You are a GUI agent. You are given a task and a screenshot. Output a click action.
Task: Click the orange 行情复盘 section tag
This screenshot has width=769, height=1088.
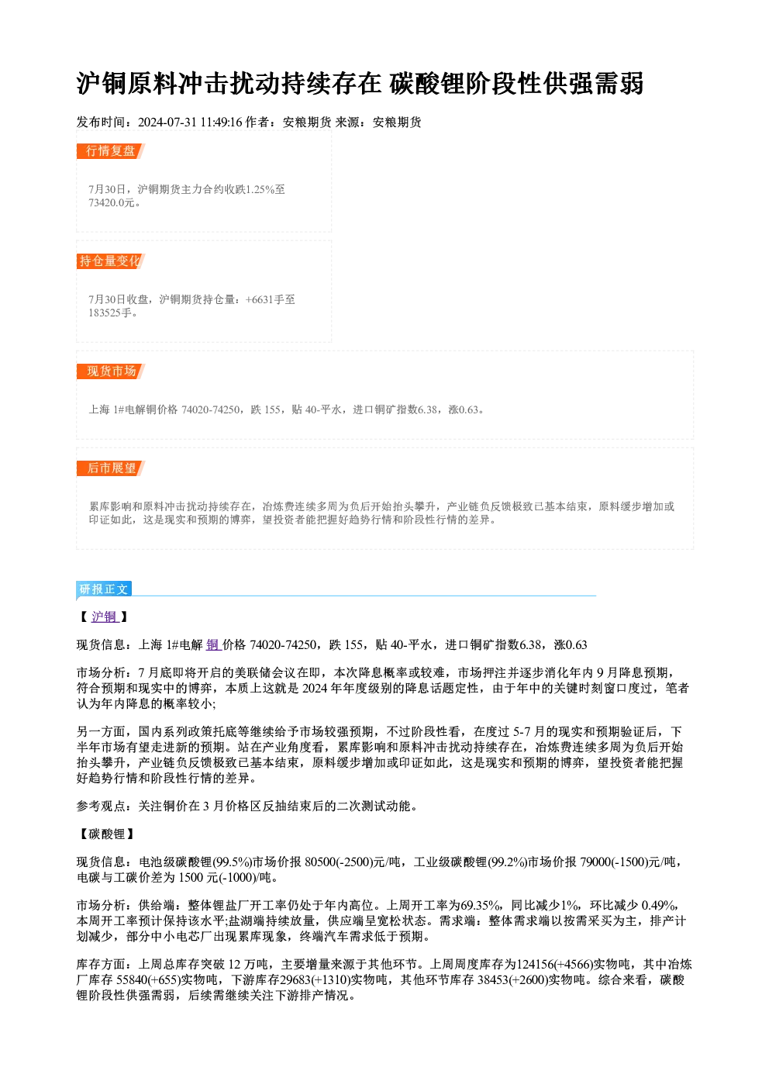coord(111,151)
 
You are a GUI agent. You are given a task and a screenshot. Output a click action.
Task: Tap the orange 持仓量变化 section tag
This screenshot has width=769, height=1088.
coord(111,261)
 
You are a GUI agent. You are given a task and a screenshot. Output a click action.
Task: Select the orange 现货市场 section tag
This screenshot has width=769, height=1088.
coord(111,371)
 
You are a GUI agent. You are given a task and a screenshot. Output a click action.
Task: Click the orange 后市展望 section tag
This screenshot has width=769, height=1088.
coord(111,468)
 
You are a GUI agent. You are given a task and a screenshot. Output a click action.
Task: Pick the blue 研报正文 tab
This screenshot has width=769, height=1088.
coord(104,589)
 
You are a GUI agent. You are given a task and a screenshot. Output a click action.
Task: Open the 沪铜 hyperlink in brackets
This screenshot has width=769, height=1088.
coord(105,617)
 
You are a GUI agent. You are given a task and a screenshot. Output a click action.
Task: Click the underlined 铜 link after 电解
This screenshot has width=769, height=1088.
coord(213,645)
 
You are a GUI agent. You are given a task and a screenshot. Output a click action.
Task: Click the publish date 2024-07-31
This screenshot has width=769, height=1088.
coord(167,123)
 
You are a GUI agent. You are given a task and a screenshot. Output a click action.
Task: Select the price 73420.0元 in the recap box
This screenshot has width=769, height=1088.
coord(111,203)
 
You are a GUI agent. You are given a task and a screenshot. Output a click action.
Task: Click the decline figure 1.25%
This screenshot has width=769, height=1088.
coord(260,189)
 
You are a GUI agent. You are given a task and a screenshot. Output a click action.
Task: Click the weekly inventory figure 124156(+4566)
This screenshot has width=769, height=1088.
coord(555,964)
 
